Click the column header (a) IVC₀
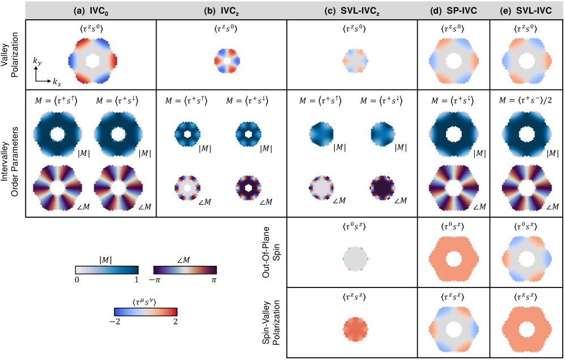coord(91,9)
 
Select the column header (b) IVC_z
coord(221,9)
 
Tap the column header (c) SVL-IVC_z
coord(352,9)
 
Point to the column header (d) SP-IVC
coord(454,9)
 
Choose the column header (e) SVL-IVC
coord(527,9)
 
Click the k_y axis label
coord(37,61)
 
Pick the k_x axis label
coord(57,83)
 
